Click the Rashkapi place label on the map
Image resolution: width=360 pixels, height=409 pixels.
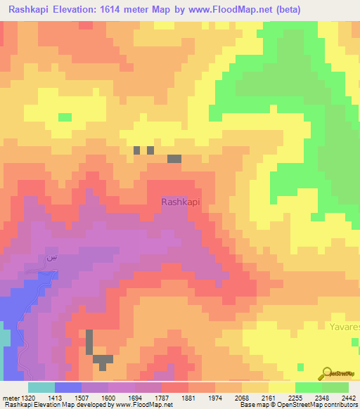[181, 202]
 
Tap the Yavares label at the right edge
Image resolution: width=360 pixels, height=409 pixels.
[345, 327]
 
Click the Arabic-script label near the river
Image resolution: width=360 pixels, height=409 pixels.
[50, 258]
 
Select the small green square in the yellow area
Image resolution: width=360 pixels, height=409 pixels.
[65, 117]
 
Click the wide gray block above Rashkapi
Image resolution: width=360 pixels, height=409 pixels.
[174, 159]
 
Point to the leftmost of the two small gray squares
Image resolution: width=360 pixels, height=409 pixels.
[136, 150]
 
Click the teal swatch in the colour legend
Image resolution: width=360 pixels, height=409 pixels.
[41, 387]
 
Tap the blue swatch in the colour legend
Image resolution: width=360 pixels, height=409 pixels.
[68, 387]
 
